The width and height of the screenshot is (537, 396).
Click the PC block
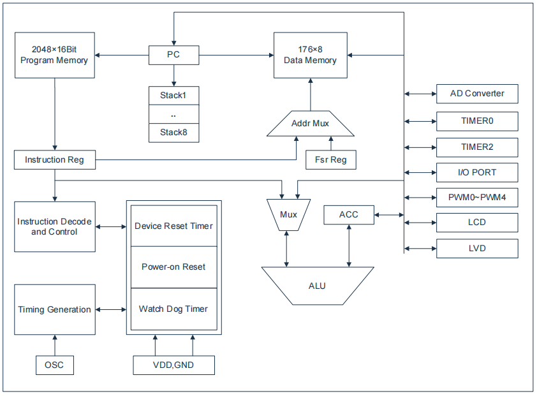coord(173,55)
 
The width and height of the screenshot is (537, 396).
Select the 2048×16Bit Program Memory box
coord(54,55)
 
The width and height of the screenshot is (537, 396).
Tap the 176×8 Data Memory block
coord(310,55)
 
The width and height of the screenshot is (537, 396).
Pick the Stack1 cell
coord(173,96)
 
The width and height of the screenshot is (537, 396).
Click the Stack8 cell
coord(173,132)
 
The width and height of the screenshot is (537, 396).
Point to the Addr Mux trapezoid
coord(310,123)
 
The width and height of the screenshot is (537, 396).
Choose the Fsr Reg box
coord(330,159)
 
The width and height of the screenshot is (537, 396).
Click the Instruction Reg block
coord(54,159)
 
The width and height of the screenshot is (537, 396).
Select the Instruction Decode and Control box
coord(54,226)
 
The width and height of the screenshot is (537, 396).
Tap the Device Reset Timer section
coord(173,226)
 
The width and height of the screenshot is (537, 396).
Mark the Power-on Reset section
coord(173,267)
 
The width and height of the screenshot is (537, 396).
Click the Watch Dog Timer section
coord(173,309)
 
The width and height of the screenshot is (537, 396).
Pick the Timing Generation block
coord(54,309)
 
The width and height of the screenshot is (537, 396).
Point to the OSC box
coord(54,365)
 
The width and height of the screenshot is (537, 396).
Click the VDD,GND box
coord(173,365)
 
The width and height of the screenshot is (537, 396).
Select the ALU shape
coord(317,286)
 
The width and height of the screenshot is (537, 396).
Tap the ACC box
coord(348,214)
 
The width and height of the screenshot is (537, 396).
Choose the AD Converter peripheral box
coord(476,94)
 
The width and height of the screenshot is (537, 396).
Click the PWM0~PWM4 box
coord(476,198)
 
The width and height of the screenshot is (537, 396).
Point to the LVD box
coord(476,248)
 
